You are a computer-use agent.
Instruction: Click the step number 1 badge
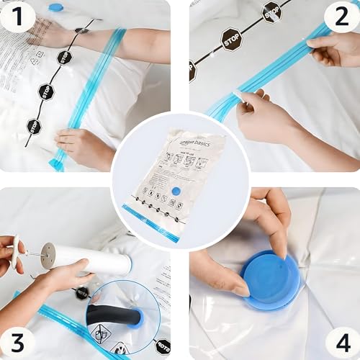[x=17, y=16]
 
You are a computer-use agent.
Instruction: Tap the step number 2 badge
[x=341, y=16]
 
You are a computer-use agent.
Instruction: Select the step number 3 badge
[x=17, y=341]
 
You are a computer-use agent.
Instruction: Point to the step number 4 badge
[x=341, y=341]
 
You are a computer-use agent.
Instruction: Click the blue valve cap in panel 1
[x=55, y=7]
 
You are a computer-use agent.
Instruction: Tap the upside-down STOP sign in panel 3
[x=162, y=346]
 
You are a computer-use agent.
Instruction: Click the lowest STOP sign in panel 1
[x=34, y=127]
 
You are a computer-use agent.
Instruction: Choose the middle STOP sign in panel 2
[x=231, y=39]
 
